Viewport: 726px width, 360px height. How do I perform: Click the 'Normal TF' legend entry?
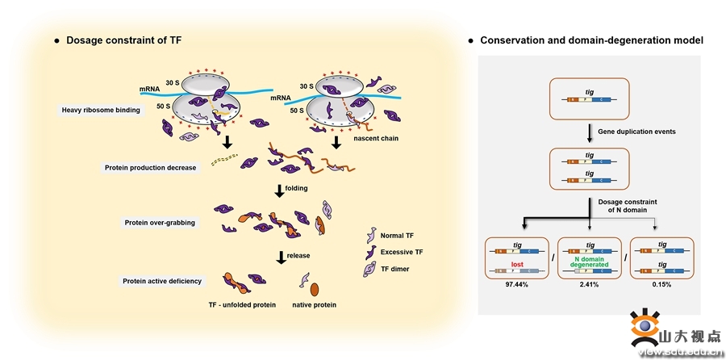tap(397, 236)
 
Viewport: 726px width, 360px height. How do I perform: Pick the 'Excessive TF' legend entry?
tap(402, 252)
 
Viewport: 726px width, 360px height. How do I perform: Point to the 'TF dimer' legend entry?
tap(396, 268)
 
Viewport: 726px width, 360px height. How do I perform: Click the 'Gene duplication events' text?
tap(636, 131)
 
